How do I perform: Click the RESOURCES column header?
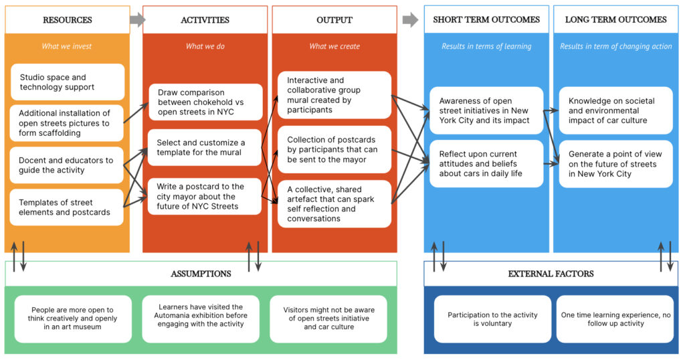pos(68,19)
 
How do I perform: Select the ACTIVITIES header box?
pos(205,19)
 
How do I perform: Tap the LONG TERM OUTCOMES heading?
pos(615,19)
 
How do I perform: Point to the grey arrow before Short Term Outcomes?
pos(410,19)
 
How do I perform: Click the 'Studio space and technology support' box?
pos(68,82)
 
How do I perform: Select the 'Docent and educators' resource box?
pos(67,165)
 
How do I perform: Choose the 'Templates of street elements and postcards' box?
pos(67,207)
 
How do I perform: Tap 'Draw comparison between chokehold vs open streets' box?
pos(205,102)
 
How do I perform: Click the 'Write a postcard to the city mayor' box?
pos(205,196)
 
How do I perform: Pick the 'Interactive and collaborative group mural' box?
pos(334,95)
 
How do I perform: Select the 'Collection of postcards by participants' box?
pos(334,149)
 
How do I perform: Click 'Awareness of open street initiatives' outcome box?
pos(486,110)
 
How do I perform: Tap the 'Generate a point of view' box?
pos(615,164)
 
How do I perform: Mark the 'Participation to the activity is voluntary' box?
pos(492,319)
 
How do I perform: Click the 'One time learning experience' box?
pos(615,319)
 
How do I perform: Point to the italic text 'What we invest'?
pos(67,46)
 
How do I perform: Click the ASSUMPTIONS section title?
pos(201,274)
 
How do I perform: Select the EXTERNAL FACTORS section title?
pos(551,274)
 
